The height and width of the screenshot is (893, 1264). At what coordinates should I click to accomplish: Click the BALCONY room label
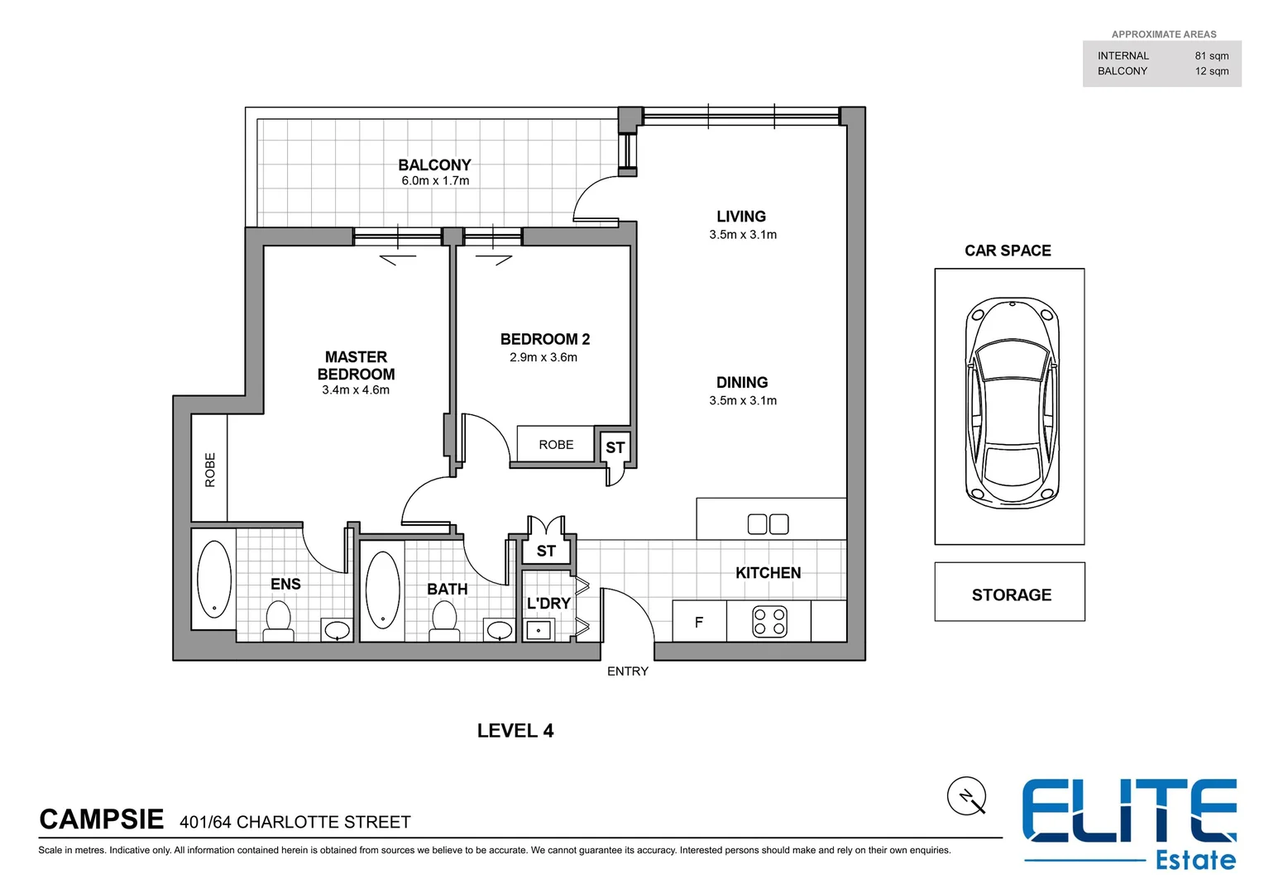[x=434, y=165]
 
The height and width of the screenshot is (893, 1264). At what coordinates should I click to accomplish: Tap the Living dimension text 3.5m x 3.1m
[x=742, y=235]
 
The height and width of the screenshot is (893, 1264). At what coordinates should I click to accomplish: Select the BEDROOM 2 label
[x=544, y=339]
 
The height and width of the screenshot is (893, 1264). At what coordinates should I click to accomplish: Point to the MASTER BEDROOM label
[x=356, y=365]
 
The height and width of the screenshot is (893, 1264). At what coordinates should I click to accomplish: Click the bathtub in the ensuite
[x=214, y=579]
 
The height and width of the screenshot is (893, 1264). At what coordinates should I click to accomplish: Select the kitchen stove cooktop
[x=769, y=622]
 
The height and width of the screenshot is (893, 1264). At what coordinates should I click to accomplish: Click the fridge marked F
[x=699, y=622]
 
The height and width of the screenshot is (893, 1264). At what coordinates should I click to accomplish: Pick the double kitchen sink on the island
[x=768, y=524]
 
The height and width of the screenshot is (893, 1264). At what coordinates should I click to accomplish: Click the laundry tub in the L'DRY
[x=539, y=630]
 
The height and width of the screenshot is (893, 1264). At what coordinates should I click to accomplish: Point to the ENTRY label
[x=627, y=671]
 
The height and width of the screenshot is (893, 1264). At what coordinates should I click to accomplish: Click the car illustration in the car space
[x=1011, y=404]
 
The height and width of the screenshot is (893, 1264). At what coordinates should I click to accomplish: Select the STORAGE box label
[x=1011, y=595]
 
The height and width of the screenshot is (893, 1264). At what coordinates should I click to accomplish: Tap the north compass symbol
[x=966, y=796]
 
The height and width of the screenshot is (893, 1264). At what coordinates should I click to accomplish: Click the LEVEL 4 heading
[x=515, y=731]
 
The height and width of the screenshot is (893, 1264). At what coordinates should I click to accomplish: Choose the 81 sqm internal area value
[x=1211, y=56]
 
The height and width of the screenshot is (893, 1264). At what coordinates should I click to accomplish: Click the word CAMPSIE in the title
[x=101, y=819]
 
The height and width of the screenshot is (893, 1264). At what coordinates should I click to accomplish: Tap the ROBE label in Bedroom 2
[x=556, y=445]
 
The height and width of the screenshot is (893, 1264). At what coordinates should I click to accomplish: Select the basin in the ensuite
[x=337, y=631]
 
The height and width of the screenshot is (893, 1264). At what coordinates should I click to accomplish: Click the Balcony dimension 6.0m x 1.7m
[x=435, y=181]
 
